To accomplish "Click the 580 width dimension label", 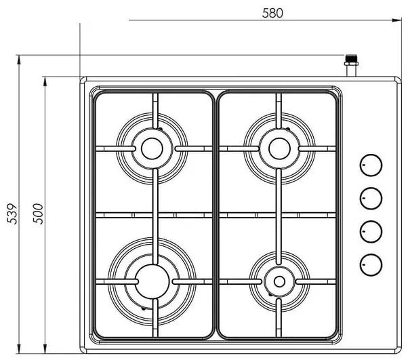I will [271, 12].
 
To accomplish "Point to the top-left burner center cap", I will [151, 147].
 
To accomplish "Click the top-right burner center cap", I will [278, 147].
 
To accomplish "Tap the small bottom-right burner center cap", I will [278, 280].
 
